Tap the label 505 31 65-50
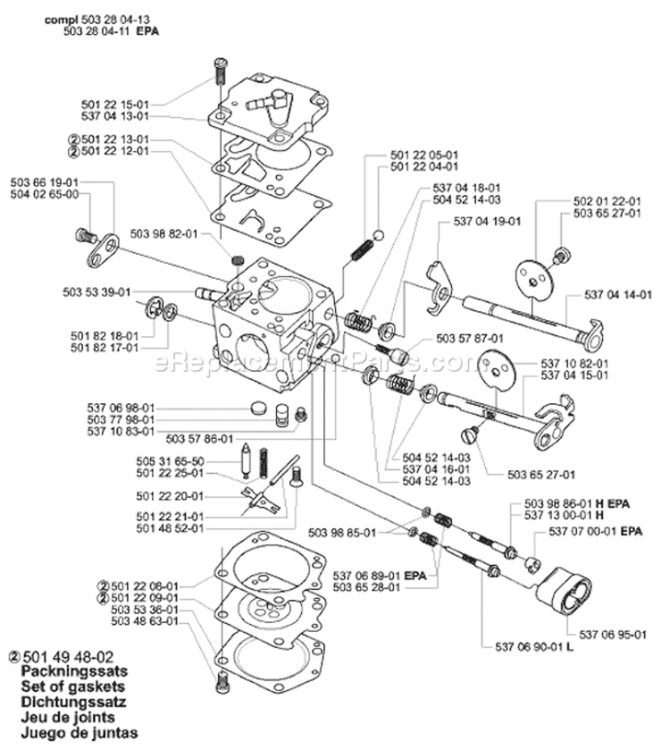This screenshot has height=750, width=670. [x=147, y=461]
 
